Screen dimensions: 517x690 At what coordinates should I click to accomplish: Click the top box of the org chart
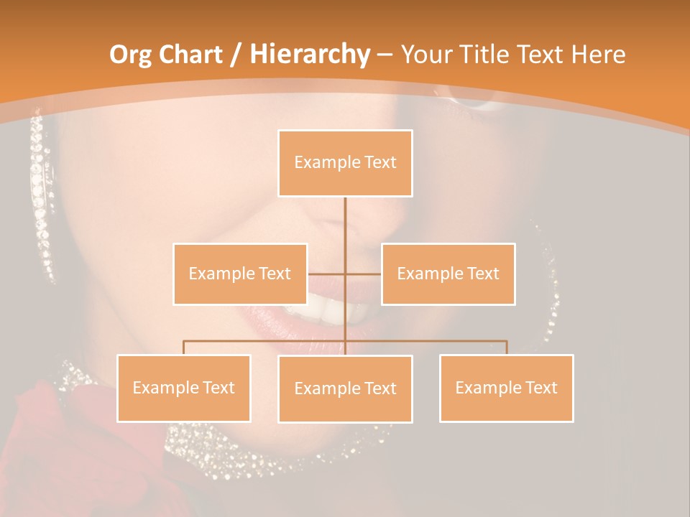345,163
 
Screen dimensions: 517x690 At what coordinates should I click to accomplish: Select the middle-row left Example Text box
240,274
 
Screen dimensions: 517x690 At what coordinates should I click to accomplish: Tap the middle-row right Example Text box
448,274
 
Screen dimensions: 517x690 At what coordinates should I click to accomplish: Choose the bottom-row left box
184,388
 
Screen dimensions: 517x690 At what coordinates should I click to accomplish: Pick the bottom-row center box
345,388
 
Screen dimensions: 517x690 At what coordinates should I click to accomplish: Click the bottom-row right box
506,388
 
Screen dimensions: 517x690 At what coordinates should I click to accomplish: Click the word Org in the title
130,55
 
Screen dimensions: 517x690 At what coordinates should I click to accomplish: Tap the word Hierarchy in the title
309,55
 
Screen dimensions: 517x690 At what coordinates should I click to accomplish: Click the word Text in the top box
380,162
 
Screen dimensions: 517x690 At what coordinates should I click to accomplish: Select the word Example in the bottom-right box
487,388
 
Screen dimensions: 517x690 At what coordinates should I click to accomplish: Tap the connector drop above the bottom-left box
184,348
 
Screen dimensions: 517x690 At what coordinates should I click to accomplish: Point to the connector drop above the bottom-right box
506,348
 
